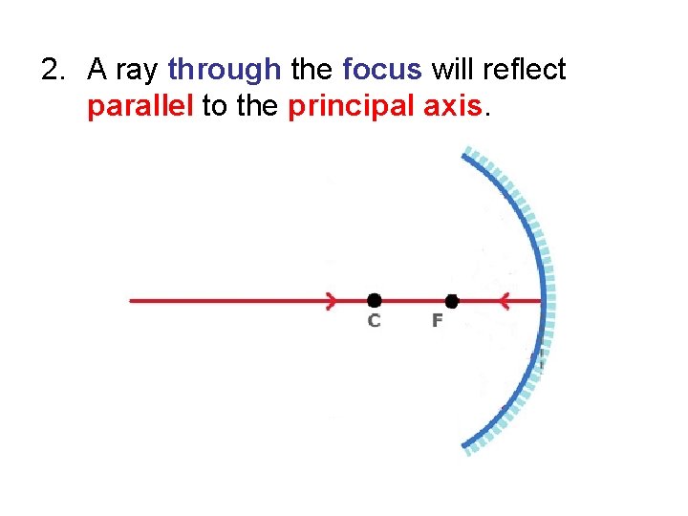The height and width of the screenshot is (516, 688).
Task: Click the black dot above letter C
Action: pos(374,301)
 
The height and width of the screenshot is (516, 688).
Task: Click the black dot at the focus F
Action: pos(452,301)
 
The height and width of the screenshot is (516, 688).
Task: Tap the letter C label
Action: pos(374,321)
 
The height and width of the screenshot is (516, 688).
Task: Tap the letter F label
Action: pos(437,321)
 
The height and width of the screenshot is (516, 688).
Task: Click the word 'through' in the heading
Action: pos(225,70)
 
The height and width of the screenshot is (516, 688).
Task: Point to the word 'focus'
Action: pos(381,70)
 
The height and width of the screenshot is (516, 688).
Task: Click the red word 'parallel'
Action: pos(140,105)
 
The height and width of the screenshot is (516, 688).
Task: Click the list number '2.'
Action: pos(54,70)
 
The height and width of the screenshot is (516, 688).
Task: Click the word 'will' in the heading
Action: pos(453,70)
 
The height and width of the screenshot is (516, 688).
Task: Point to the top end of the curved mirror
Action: pos(465,153)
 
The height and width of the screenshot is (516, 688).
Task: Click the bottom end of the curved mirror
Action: pos(465,446)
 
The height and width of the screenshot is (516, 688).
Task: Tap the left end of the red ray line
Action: pos(132,301)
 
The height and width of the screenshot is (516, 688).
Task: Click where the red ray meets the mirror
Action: pos(544,301)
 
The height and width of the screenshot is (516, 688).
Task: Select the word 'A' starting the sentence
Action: pos(97,70)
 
